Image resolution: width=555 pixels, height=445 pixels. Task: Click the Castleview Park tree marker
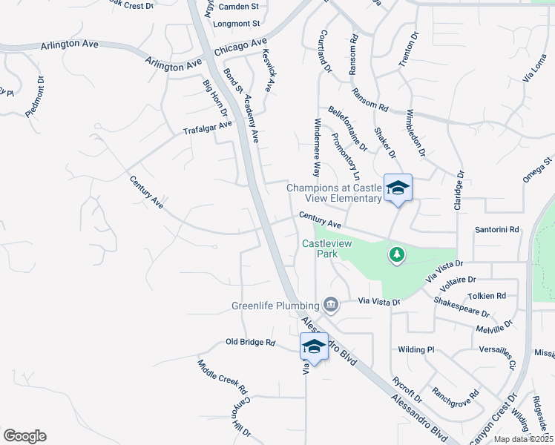pos(397,255)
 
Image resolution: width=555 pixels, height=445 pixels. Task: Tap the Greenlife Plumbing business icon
pos(331,304)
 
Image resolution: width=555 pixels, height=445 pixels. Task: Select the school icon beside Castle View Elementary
pos(398,188)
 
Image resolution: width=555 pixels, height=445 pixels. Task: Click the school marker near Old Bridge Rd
pos(314,347)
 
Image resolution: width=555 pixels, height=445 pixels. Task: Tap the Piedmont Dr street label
pos(35,96)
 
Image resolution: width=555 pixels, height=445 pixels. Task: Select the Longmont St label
pos(237,24)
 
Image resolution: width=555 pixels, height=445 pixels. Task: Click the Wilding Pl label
pos(416,349)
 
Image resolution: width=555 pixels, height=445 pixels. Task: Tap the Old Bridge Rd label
pos(250,343)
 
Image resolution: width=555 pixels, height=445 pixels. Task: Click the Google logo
pos(24,436)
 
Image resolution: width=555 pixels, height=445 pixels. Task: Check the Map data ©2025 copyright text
pos(523,439)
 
